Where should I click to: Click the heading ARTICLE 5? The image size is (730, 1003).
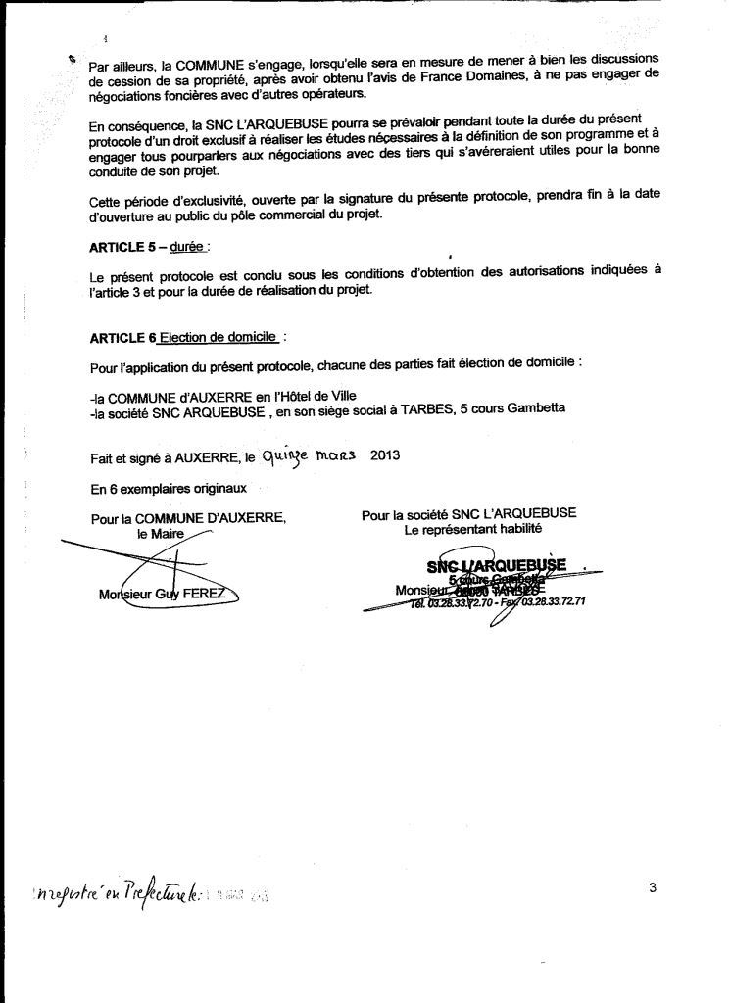[x=122, y=248]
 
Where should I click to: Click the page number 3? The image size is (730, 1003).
[x=653, y=887]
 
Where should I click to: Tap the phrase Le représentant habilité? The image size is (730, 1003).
[x=473, y=530]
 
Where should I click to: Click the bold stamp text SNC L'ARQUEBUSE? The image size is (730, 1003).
[x=497, y=566]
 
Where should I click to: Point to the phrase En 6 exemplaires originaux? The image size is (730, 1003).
[x=169, y=487]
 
